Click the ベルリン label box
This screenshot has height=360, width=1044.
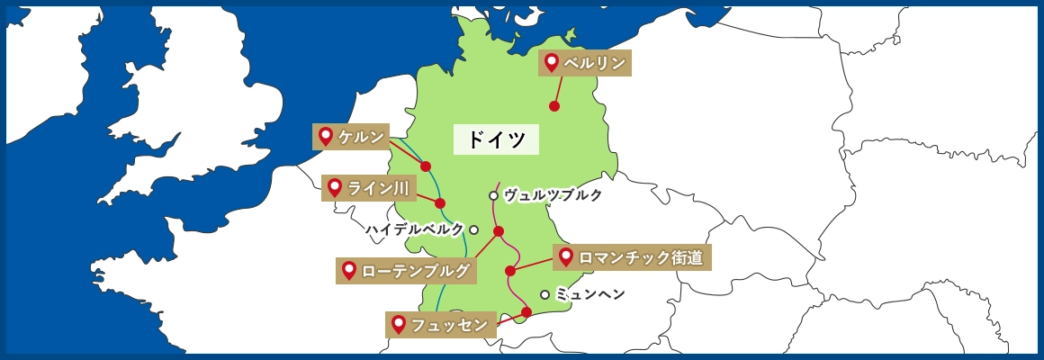coord(583,63)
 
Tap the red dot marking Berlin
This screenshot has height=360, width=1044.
coord(554,106)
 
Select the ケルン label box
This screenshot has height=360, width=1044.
coord(351,137)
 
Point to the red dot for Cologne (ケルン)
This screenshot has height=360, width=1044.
coord(426,166)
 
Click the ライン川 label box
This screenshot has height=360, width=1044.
coord(367,188)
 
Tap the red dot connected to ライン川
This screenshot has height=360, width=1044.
coord(440,203)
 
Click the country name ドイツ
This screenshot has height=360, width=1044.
coord(496,139)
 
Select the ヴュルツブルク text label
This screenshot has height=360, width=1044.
coord(552,195)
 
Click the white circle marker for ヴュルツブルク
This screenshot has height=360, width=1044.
coord(493,195)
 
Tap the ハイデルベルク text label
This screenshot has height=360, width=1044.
coord(415,229)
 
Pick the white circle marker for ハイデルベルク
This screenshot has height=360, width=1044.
coord(473,229)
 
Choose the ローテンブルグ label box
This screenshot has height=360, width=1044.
coord(405,271)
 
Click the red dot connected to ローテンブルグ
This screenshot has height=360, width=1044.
coord(499,231)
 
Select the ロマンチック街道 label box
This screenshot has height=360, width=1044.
coord(632,257)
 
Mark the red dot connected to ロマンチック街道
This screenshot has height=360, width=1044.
coord(510,271)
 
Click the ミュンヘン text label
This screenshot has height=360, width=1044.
coord(589,294)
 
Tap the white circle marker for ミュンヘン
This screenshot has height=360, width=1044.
coord(544,294)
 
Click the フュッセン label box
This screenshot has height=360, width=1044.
coord(441,325)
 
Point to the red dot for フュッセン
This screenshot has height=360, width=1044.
coord(526,312)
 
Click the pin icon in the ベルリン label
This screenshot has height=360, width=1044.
coord(552,63)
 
